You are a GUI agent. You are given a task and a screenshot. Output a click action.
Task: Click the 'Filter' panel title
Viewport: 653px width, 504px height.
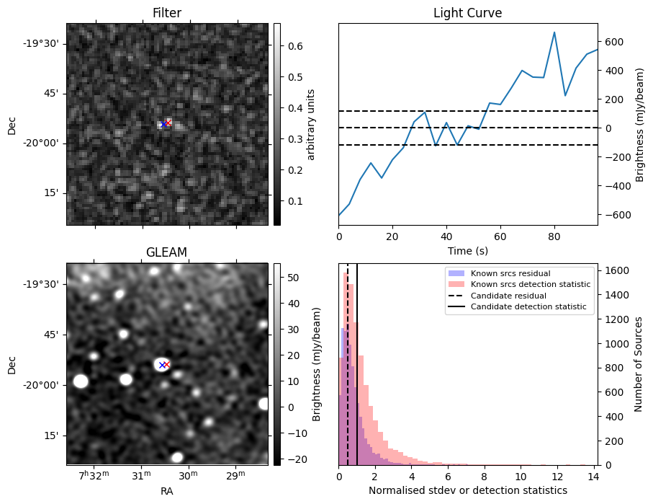(x=167, y=13)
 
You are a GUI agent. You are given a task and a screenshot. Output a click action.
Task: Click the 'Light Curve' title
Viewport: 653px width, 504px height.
(x=467, y=13)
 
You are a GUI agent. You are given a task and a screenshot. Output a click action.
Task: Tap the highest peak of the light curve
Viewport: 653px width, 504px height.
(x=554, y=32)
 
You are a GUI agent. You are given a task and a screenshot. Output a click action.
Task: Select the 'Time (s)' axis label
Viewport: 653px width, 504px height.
(x=467, y=249)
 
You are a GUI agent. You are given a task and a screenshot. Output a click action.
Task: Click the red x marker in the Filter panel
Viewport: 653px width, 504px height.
(x=168, y=123)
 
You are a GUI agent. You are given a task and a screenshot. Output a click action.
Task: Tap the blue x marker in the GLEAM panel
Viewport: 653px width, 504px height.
(x=162, y=365)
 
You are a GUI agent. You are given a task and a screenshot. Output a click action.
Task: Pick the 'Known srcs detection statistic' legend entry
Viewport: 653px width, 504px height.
(x=530, y=284)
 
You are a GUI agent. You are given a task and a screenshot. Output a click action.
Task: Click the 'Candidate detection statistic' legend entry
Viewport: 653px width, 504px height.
(x=528, y=307)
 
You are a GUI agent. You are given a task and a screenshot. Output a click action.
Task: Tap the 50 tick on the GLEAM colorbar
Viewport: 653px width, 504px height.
(x=288, y=278)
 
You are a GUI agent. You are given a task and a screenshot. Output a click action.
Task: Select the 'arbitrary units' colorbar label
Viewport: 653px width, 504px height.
(x=311, y=124)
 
